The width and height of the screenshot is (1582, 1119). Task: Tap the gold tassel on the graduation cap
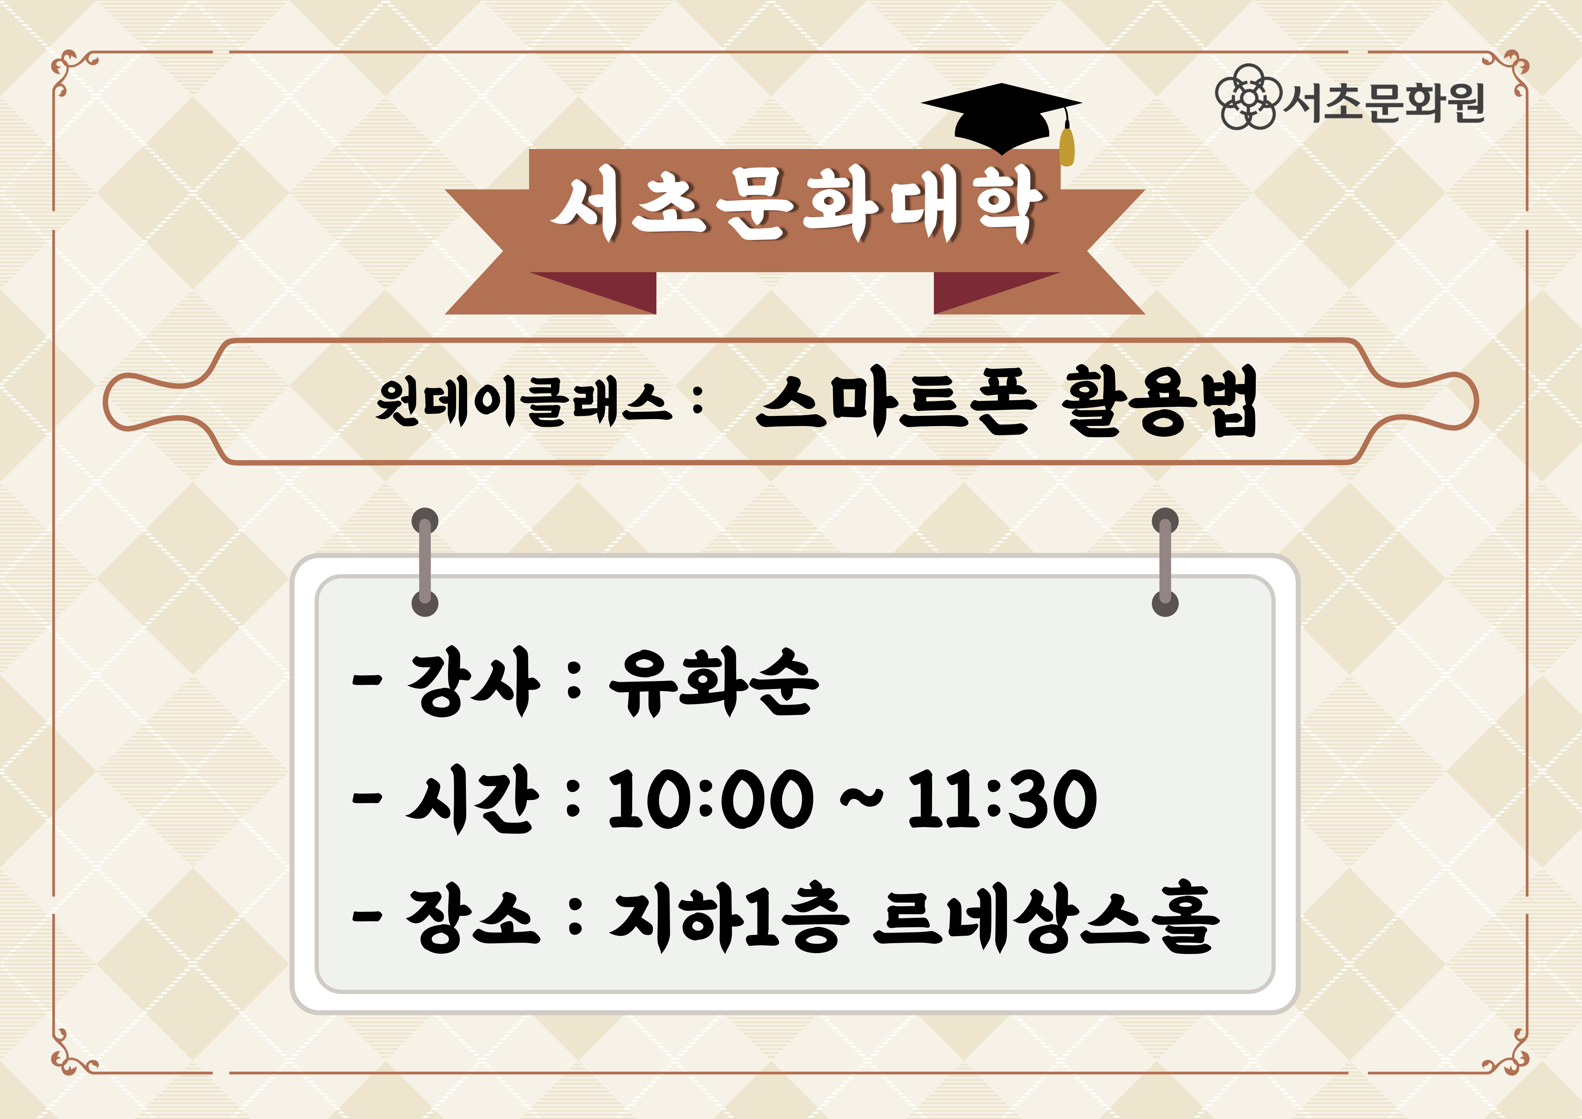coord(1067,145)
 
